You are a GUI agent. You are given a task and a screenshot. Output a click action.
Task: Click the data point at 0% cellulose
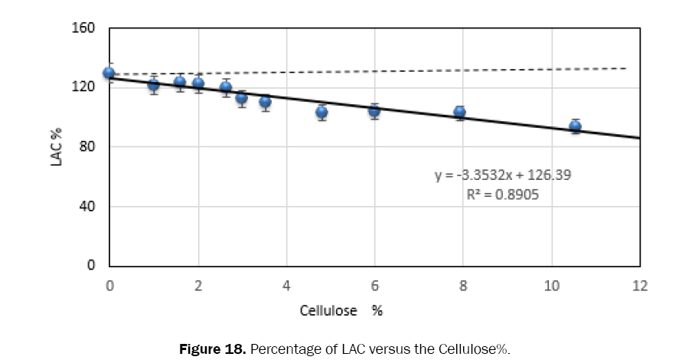[x=109, y=74]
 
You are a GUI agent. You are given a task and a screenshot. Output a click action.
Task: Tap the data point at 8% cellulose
[x=459, y=113]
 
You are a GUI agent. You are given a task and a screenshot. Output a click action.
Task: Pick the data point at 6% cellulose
[x=374, y=111]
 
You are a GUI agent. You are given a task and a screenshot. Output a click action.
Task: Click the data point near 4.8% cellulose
[x=321, y=113]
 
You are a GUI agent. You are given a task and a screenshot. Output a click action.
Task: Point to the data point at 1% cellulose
[x=154, y=85]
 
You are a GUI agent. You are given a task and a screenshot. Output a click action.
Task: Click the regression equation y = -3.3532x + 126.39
[x=502, y=175]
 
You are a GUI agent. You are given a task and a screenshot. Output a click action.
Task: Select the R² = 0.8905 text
[x=503, y=195]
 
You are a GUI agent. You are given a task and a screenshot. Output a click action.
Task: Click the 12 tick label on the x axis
[x=639, y=286]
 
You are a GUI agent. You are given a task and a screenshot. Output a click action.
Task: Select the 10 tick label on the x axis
[x=551, y=286]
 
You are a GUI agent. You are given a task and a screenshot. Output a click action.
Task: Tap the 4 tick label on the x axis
[x=286, y=286]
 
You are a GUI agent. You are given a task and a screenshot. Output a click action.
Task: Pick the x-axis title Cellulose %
[x=341, y=313]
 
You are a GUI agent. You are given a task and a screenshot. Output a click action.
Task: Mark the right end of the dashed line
[x=626, y=68]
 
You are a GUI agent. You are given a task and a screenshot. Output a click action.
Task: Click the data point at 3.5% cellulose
[x=265, y=102]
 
